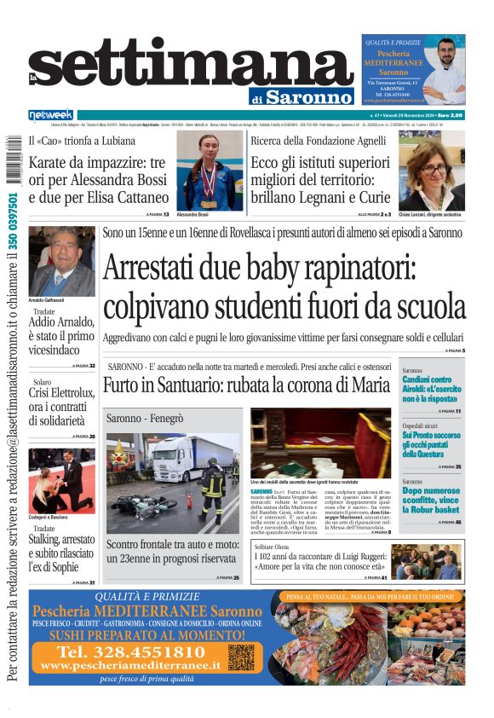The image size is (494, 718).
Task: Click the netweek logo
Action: [x=50, y=114]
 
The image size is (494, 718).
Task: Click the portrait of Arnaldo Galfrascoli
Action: [x=61, y=262]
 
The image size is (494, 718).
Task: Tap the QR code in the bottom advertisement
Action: [x=241, y=657]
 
